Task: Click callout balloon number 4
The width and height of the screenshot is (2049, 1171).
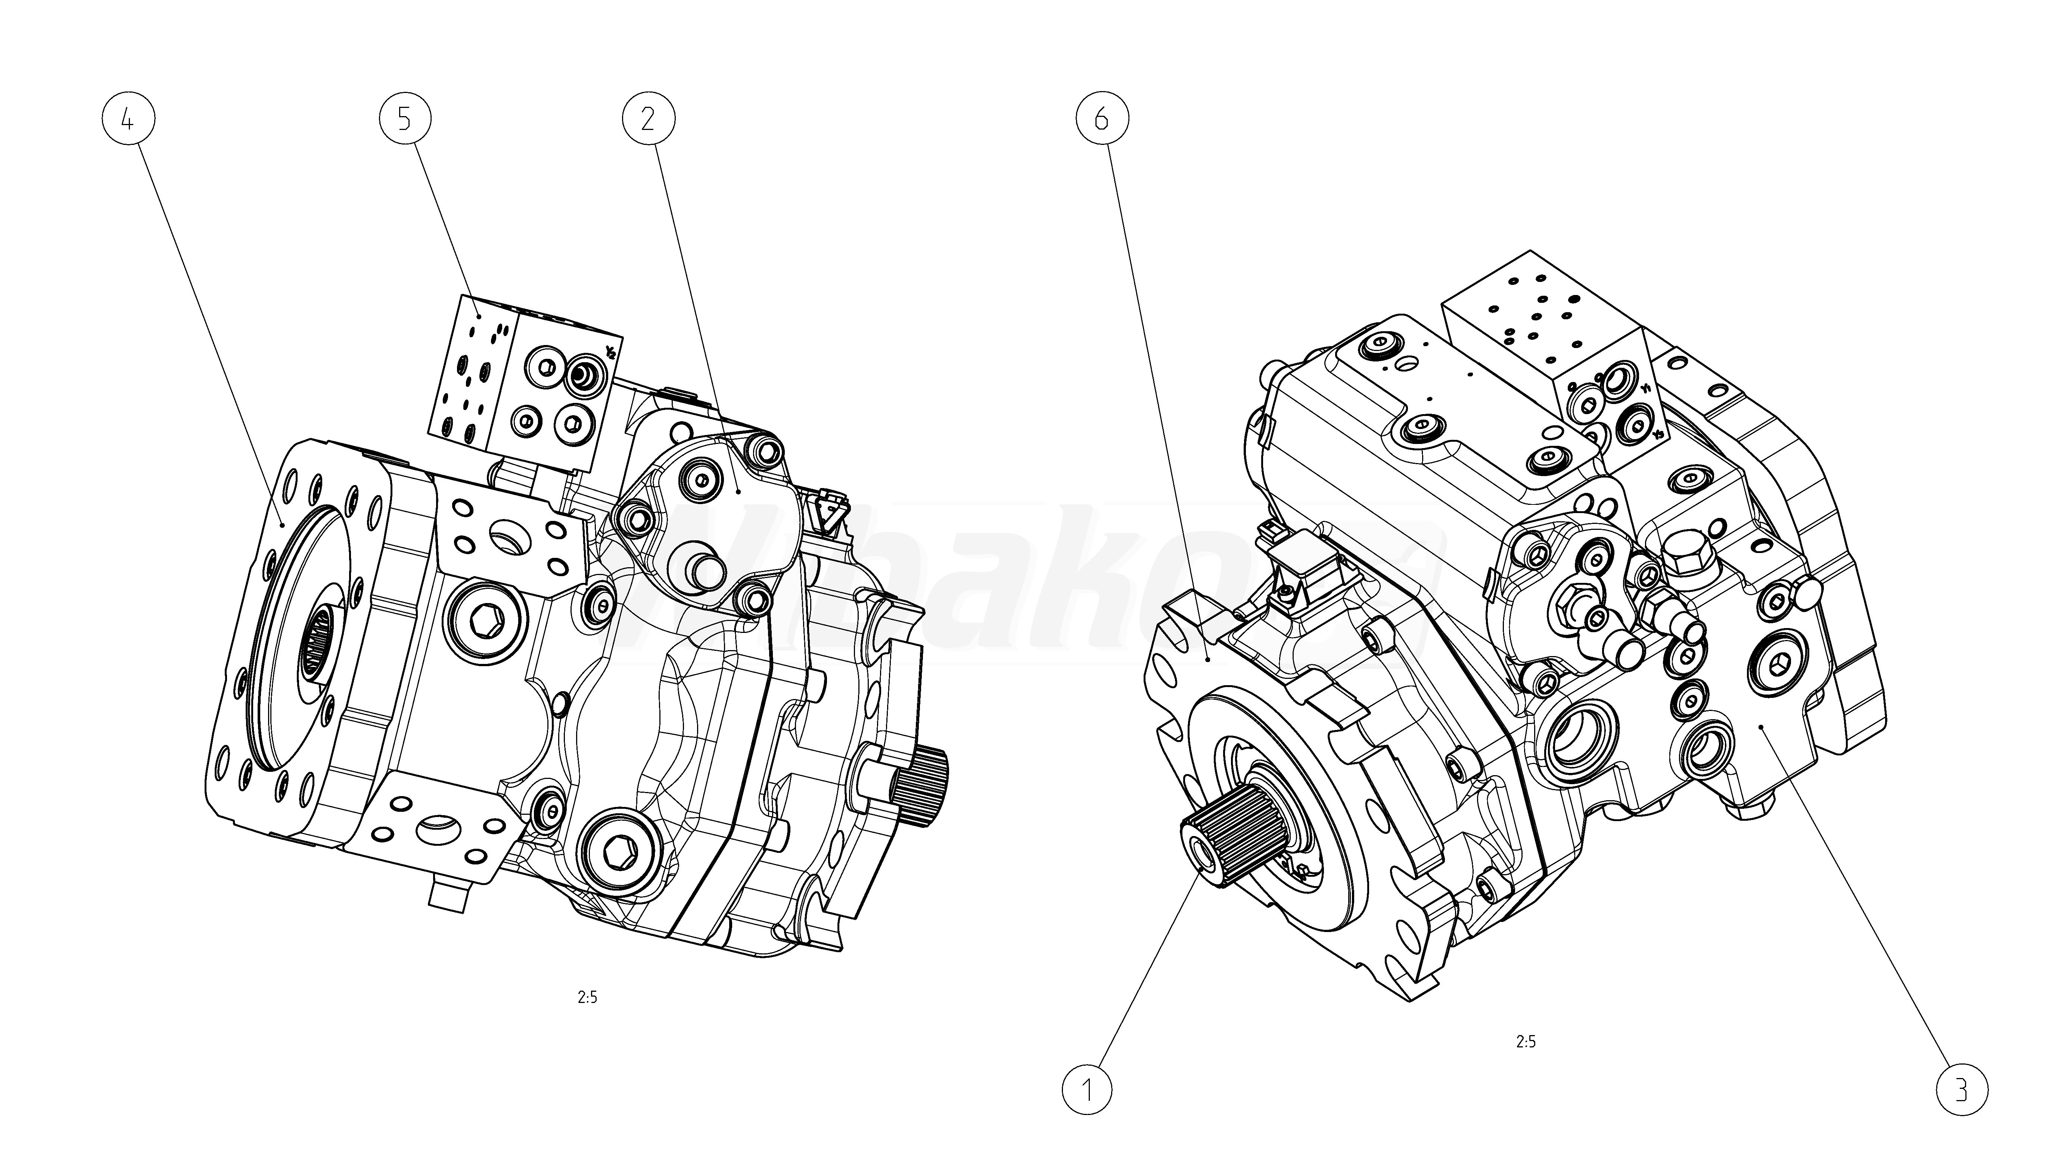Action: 128,119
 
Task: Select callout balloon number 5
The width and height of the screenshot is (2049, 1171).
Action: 404,119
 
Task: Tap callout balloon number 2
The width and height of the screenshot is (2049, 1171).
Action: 648,119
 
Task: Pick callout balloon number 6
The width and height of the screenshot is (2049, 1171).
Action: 1102,119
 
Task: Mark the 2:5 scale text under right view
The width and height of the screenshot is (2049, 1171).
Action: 1526,1041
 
